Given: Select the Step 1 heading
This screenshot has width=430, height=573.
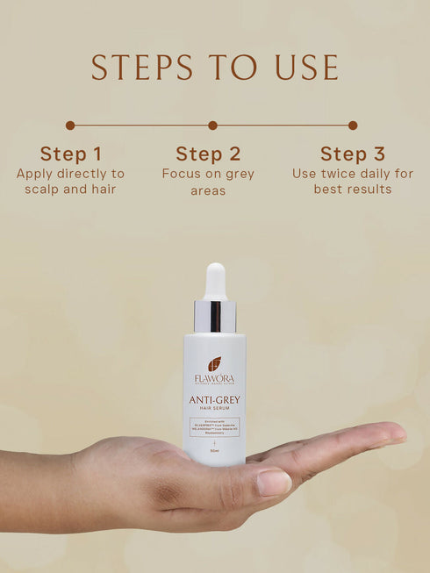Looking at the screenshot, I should point(70,154).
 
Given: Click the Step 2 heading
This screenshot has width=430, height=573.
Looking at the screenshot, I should point(208,154).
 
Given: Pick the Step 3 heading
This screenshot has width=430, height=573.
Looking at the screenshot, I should point(352,154).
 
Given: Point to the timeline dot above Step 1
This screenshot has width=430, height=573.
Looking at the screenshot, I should point(70,125).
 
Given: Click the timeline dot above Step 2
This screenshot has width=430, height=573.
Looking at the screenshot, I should point(212,125).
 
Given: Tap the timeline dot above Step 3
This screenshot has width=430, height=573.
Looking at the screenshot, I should point(353,125).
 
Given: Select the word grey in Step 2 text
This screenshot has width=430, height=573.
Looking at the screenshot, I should point(237,174).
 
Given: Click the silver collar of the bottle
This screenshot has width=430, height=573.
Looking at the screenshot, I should point(215,316).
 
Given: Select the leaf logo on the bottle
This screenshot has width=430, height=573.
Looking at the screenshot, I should point(215,363).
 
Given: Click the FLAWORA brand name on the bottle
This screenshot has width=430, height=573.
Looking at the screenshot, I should point(215,378).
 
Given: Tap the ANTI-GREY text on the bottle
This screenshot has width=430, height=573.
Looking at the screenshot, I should point(215,400).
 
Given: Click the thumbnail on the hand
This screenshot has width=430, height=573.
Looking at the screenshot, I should point(274,483).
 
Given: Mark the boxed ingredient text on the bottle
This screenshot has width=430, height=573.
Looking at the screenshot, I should point(215,426).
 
